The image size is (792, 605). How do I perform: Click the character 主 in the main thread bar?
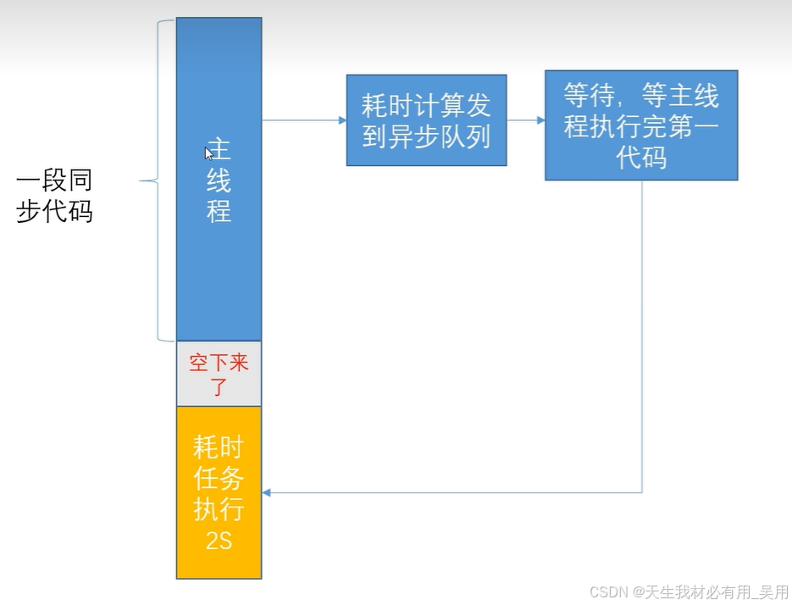coord(219,151)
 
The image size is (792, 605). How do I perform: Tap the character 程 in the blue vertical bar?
coord(219,210)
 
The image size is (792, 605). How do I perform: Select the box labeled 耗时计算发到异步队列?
coord(426,120)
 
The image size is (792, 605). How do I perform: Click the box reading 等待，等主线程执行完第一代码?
coord(641,125)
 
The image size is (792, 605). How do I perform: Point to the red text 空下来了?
coord(219,374)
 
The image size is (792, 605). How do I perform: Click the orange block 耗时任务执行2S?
coord(219,492)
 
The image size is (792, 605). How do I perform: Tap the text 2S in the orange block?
coord(219,541)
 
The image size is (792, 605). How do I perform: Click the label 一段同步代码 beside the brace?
coord(54,196)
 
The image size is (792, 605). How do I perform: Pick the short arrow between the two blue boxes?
coord(526,120)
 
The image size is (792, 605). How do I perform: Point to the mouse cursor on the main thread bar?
coord(208,153)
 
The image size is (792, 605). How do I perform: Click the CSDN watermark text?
coord(606,591)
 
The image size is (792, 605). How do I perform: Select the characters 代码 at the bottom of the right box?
coord(641,158)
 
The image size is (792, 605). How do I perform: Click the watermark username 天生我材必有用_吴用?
coord(717,591)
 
